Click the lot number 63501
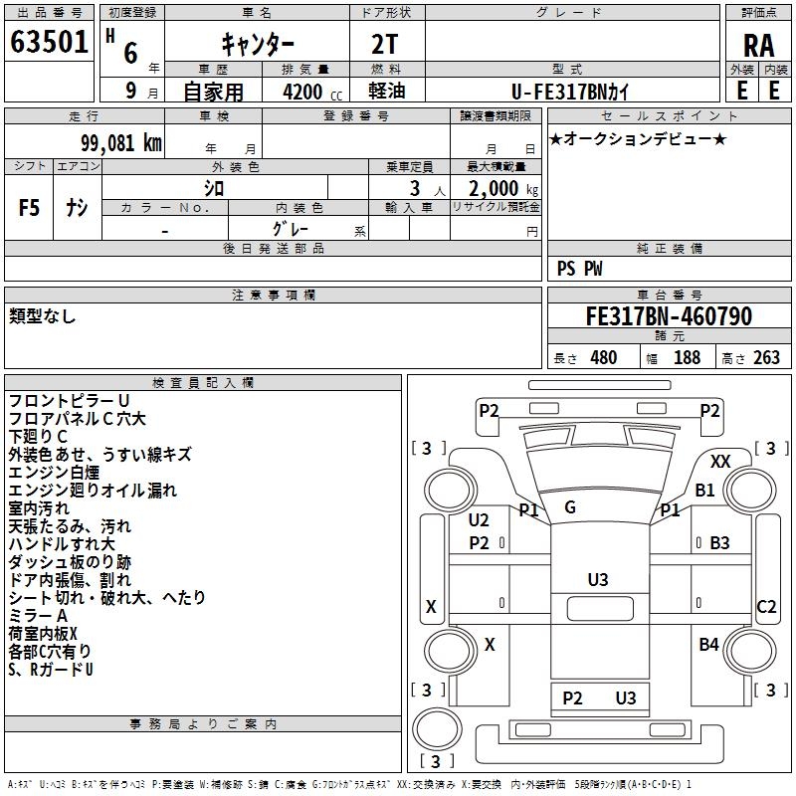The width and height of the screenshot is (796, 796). [x=49, y=43]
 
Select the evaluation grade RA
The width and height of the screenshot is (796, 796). [x=758, y=46]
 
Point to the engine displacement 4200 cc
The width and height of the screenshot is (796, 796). [x=302, y=91]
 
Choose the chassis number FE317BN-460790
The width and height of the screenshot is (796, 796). [x=668, y=316]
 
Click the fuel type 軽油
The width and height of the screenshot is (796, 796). [x=386, y=90]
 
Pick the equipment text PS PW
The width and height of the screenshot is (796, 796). [x=579, y=269]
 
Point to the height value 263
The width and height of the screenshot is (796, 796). [x=765, y=358]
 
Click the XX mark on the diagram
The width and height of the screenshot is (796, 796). [x=721, y=462]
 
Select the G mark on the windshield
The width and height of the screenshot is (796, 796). [x=570, y=507]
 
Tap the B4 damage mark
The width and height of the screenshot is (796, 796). [x=708, y=645]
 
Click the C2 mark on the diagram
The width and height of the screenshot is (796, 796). [x=766, y=607]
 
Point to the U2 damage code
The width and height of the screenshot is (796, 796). [x=479, y=520]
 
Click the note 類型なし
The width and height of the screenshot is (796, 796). [x=42, y=316]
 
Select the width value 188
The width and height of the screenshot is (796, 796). [x=687, y=358]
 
